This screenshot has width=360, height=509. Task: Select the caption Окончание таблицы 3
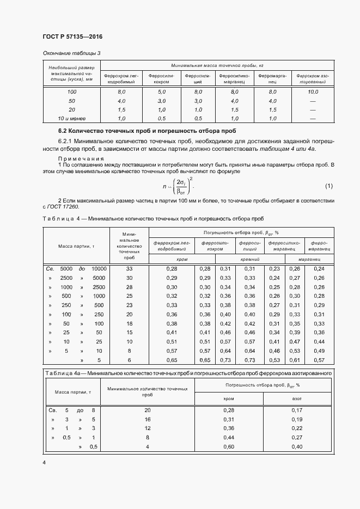point(72,53)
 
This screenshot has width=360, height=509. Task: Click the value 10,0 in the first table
point(313,92)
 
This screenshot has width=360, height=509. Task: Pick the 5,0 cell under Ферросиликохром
point(161,92)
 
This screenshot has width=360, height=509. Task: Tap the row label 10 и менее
point(72,118)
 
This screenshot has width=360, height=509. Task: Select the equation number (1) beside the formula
point(328,186)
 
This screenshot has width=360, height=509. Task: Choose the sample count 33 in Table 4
point(129,269)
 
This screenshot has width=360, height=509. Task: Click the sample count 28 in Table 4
point(129,287)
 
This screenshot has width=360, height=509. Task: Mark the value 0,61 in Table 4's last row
point(295,360)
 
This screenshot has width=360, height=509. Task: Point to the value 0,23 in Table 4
point(274,269)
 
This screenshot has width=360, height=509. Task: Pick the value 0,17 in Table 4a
point(297,410)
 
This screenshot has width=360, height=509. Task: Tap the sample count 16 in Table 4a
point(148,419)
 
